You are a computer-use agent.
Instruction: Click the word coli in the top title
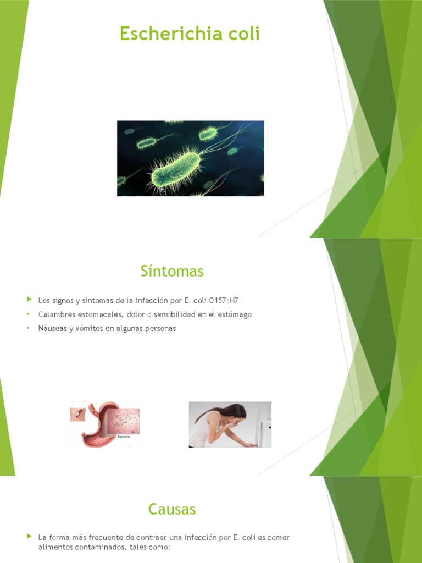243,34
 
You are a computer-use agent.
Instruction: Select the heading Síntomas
172,271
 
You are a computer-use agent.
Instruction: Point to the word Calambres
55,314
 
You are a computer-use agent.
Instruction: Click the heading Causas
172,509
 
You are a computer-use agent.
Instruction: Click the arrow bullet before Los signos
29,300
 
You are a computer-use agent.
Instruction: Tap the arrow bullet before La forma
29,537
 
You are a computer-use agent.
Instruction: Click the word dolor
132,314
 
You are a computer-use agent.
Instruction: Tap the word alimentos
55,548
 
